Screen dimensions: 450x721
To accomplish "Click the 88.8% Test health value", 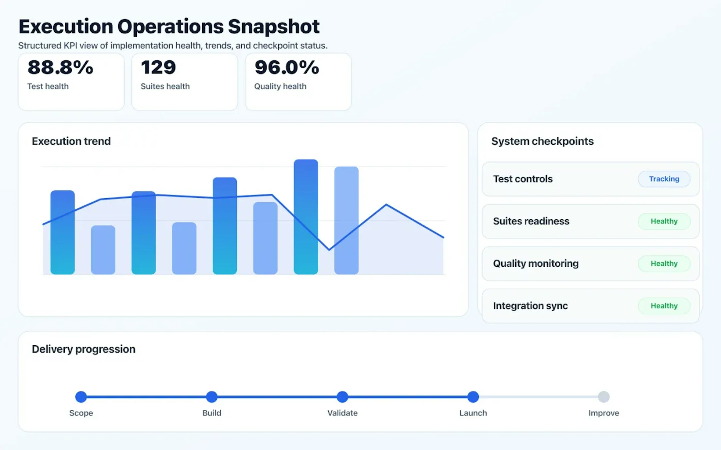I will click(x=60, y=67).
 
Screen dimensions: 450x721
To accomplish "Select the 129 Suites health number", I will click(x=158, y=67).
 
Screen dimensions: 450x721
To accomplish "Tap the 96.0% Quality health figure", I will click(x=287, y=67).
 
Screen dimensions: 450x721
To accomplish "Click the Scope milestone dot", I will click(x=81, y=397).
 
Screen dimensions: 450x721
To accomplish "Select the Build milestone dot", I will click(x=212, y=397).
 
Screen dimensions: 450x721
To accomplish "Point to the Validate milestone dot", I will click(x=342, y=397).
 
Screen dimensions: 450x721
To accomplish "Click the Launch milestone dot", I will click(x=473, y=397).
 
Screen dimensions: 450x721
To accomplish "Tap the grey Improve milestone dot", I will click(x=604, y=397).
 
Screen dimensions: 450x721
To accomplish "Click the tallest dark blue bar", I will click(x=306, y=217).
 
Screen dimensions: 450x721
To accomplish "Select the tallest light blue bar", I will click(x=346, y=220).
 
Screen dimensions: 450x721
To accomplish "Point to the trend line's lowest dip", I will click(x=329, y=249).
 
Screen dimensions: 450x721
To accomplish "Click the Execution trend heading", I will click(x=71, y=141).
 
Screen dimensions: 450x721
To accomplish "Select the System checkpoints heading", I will click(x=542, y=141).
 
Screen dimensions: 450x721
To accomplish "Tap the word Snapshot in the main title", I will click(x=274, y=27).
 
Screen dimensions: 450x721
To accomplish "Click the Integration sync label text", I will click(x=530, y=306).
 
